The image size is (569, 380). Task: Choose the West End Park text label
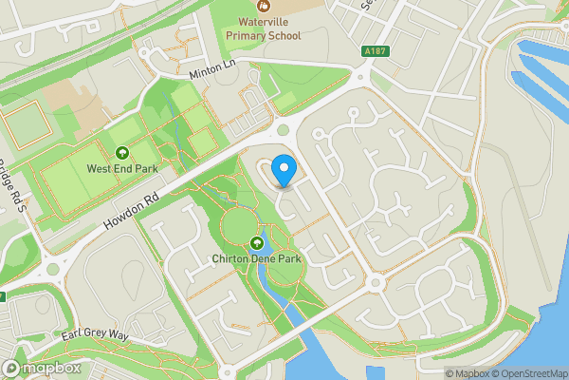click(x=121, y=169)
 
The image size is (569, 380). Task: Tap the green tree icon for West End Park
click(x=121, y=153)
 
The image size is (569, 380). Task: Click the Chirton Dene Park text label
click(x=256, y=258)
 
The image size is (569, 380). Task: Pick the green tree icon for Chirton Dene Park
click(x=256, y=242)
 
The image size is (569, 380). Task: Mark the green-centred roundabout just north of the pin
click(x=283, y=130)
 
